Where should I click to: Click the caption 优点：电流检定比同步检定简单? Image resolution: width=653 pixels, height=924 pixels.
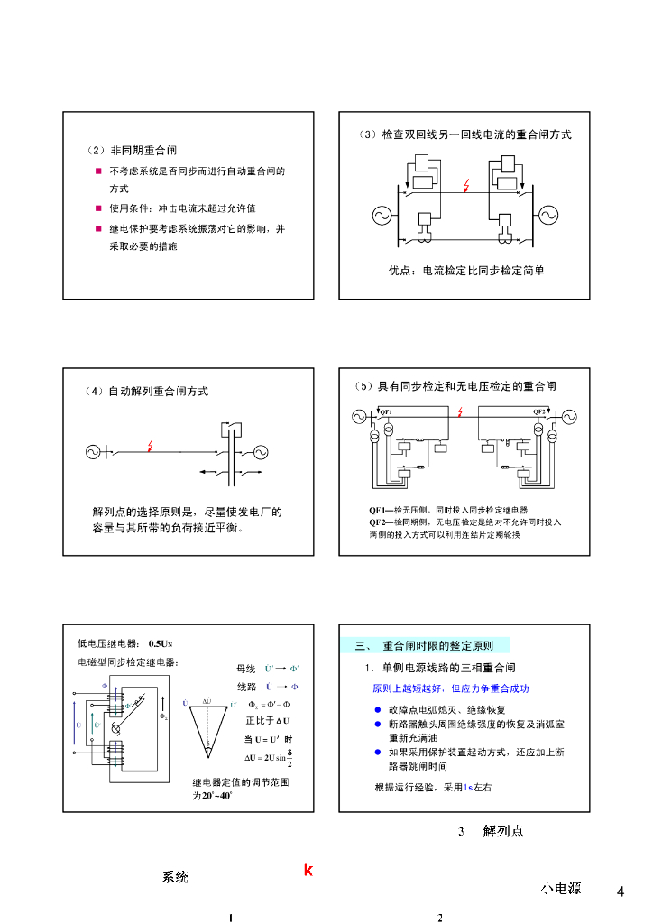tap(465, 270)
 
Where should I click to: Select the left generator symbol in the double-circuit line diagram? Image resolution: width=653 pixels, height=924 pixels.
tap(382, 215)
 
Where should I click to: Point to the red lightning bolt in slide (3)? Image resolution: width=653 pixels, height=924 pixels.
tap(465, 185)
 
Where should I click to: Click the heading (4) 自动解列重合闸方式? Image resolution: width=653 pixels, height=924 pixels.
tap(146, 392)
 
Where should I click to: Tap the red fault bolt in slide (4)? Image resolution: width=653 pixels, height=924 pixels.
tap(152, 446)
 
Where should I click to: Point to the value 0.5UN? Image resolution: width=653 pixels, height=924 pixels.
tap(160, 643)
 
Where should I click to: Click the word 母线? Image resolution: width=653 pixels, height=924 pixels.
tap(246, 669)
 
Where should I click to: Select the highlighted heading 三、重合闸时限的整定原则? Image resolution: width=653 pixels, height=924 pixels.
tap(426, 645)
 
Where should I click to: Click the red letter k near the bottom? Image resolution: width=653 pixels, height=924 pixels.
tap(308, 871)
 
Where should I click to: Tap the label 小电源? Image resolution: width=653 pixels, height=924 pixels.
tap(561, 888)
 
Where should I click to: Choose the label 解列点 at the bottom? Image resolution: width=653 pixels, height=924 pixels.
tap(502, 830)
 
